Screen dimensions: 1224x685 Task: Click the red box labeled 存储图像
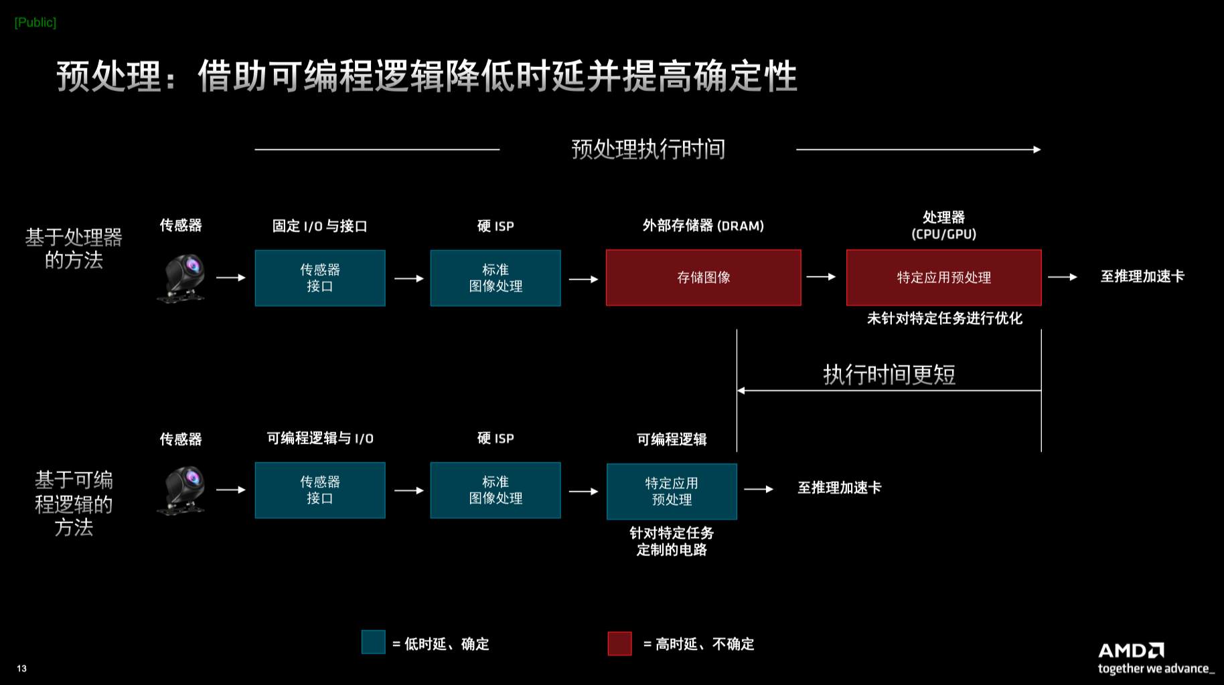pyautogui.click(x=703, y=278)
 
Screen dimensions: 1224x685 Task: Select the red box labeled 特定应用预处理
pyautogui.click(x=943, y=278)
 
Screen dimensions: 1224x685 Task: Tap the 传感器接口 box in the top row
pyautogui.click(x=320, y=278)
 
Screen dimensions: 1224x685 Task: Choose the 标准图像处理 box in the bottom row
pyautogui.click(x=495, y=490)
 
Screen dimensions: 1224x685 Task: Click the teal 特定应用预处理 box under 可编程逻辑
pyautogui.click(x=672, y=492)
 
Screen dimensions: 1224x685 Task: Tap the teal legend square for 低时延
pyautogui.click(x=373, y=642)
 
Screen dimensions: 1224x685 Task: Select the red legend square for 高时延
pyautogui.click(x=619, y=644)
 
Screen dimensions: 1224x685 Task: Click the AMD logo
pyautogui.click(x=1131, y=650)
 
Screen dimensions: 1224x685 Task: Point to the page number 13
pyautogui.click(x=22, y=668)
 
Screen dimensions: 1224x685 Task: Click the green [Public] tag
pyautogui.click(x=35, y=22)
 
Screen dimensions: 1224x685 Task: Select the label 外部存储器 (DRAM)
pyautogui.click(x=703, y=225)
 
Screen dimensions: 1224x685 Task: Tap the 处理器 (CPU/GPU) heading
pyautogui.click(x=943, y=225)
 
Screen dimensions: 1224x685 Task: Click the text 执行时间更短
pyautogui.click(x=889, y=374)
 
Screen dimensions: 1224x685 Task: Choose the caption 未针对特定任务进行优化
pyautogui.click(x=944, y=318)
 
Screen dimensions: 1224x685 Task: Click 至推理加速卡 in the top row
pyautogui.click(x=1142, y=276)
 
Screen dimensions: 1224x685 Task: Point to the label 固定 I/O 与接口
pyautogui.click(x=320, y=226)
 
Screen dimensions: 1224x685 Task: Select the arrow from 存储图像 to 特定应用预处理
pyautogui.click(x=821, y=277)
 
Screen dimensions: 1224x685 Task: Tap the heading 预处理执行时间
pyautogui.click(x=648, y=149)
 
